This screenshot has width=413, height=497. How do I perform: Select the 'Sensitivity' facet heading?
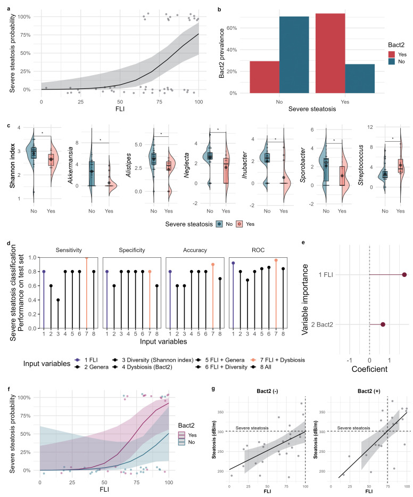68,249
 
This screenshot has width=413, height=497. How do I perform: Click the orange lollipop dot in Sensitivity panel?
86,258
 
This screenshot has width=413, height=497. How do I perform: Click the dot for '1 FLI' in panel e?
404,275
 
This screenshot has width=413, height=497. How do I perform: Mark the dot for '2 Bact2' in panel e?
383,324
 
